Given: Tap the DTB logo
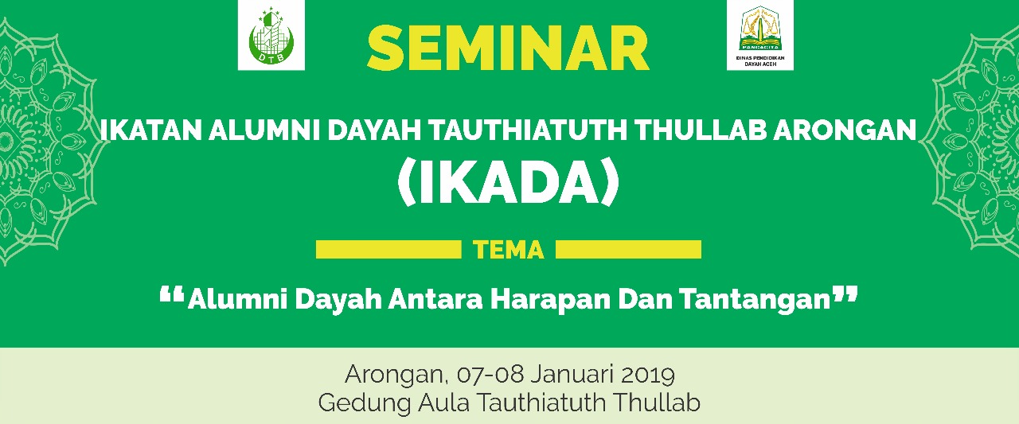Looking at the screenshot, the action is coord(271,35).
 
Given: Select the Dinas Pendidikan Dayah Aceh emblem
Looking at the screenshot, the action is coord(760,35).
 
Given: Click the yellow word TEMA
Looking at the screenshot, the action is coord(509,250).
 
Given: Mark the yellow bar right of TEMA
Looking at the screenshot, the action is coord(629,250).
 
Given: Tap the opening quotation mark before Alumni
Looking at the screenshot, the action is coord(172,294).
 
